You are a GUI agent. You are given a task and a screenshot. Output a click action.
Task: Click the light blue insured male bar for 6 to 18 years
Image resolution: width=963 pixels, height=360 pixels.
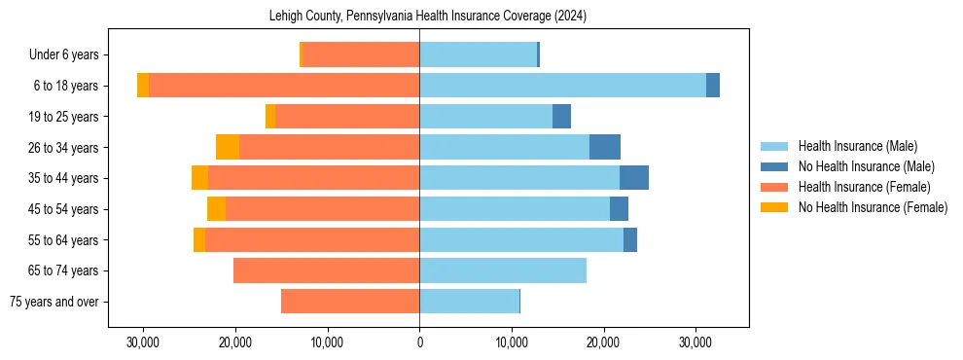562,86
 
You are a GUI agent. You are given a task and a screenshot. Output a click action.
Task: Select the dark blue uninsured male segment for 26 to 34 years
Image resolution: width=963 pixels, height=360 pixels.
605,147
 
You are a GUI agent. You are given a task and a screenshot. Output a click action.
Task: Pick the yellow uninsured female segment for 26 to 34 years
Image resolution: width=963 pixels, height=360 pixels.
228,147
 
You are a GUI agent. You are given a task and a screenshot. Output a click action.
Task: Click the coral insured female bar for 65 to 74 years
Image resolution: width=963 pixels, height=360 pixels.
326,270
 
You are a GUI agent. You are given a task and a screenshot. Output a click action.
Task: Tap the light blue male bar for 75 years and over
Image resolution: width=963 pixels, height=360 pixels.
469,302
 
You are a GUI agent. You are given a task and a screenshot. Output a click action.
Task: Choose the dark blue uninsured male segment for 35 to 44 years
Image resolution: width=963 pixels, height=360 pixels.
634,178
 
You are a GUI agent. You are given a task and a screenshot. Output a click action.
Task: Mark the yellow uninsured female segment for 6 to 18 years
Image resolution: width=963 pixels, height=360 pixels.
143,86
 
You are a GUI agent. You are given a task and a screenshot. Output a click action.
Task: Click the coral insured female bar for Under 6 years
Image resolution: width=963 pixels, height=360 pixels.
361,54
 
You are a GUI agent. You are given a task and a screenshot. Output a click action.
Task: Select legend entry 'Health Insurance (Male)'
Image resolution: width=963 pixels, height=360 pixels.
857,146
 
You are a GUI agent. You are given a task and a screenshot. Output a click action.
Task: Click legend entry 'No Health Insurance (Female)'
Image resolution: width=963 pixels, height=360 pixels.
873,207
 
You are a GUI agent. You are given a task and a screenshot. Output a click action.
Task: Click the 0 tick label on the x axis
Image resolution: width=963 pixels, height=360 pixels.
419,342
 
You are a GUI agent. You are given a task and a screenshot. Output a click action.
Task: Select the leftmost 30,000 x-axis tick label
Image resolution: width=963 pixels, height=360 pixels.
143,342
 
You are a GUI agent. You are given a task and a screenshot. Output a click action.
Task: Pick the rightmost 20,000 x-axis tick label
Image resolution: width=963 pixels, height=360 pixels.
604,342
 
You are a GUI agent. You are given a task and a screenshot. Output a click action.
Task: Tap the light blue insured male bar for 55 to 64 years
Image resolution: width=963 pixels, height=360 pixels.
521,239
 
